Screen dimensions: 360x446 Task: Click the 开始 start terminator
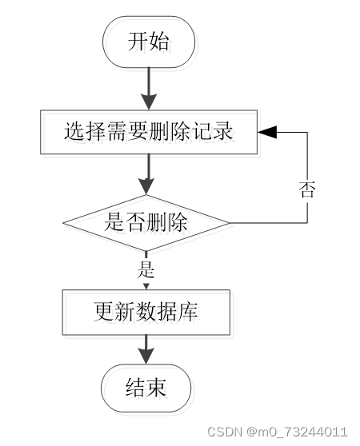tap(149, 42)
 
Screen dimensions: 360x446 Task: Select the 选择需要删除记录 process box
tap(149, 132)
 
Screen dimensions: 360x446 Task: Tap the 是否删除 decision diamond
tap(146, 223)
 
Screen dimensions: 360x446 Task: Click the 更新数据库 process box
tap(146, 312)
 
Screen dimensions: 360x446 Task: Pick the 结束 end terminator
tap(146, 388)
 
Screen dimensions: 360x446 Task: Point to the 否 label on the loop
tap(307, 189)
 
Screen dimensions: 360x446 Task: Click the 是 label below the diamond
tap(146, 269)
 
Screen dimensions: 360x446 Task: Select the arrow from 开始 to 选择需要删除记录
tap(149, 89)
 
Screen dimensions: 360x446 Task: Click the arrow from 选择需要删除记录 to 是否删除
tap(147, 174)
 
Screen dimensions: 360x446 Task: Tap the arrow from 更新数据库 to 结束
tap(146, 349)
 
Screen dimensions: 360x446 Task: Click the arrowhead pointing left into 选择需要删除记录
tap(267, 132)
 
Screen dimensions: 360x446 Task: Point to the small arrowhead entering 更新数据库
tap(146, 286)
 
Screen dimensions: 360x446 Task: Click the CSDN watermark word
tap(225, 432)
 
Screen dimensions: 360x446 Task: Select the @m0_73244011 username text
tap(297, 432)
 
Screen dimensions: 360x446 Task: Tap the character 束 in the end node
tap(156, 388)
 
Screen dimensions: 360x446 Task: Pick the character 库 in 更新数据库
tap(188, 312)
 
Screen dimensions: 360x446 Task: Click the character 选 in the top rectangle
tap(74, 131)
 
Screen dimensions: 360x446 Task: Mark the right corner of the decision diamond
tap(229, 223)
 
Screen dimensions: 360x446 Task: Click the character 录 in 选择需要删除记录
tap(223, 131)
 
